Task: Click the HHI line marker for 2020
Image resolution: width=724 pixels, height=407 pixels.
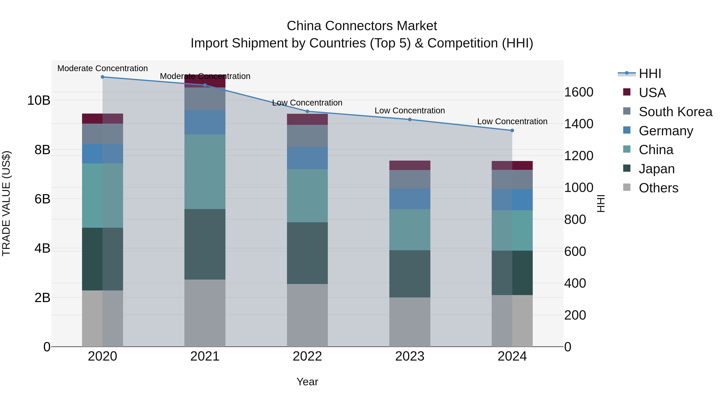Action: click(x=103, y=77)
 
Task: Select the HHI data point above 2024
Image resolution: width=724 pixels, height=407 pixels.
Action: click(x=512, y=130)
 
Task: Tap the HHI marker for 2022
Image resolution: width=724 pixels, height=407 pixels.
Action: click(x=307, y=111)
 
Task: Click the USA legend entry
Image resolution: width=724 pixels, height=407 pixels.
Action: click(x=652, y=93)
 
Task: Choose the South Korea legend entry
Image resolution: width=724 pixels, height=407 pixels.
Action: click(x=675, y=112)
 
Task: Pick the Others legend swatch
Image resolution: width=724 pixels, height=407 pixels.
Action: click(x=627, y=187)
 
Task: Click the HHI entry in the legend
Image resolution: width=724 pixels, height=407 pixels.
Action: click(x=650, y=74)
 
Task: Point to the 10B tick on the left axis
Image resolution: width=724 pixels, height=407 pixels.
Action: click(x=39, y=100)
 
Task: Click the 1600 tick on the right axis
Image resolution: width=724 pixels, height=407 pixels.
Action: click(x=579, y=92)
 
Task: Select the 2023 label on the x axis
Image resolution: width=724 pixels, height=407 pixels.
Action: click(x=409, y=356)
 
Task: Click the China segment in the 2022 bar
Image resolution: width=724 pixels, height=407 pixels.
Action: click(x=307, y=196)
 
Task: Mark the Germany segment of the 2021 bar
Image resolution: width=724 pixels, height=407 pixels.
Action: click(x=205, y=122)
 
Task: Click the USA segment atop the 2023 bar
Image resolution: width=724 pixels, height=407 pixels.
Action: click(x=409, y=165)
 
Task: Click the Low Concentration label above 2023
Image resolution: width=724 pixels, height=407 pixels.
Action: click(x=409, y=111)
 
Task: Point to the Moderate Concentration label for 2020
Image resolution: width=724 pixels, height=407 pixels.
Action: click(x=103, y=68)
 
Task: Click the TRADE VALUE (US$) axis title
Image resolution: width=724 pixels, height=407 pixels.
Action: click(x=6, y=203)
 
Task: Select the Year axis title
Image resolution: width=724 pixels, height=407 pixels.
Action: click(x=307, y=382)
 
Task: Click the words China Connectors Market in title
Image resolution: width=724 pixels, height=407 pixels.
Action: click(x=362, y=26)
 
